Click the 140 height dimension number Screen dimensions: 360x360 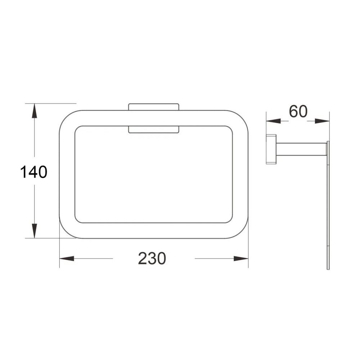click(33, 172)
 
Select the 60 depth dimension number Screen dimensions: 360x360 click(298, 112)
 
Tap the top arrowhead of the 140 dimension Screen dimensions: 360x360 click(34, 110)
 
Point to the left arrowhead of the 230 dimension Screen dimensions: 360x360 click(67, 258)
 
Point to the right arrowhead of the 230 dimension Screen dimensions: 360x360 click(241, 258)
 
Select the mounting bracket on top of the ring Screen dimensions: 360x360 click(154, 107)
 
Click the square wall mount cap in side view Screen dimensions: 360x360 click(271, 149)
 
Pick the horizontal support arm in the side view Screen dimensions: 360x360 click(301, 149)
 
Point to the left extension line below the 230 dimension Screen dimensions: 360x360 click(59, 254)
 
